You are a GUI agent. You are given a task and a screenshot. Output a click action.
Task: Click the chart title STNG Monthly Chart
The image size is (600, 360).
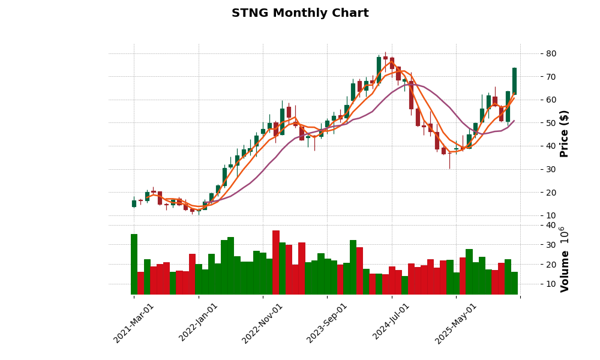pos(300,13)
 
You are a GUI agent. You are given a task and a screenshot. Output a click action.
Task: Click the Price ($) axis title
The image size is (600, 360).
pos(564,133)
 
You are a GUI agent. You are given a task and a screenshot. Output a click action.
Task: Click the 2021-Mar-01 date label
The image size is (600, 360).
pos(134,323)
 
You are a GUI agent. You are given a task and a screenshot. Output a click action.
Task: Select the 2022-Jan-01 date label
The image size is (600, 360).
pos(199,323)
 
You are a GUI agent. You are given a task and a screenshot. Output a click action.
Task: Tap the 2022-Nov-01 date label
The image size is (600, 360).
pos(262,323)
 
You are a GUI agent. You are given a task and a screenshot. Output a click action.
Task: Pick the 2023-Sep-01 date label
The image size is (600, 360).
pos(327,323)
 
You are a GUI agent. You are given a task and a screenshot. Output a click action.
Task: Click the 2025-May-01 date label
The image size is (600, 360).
pos(456,323)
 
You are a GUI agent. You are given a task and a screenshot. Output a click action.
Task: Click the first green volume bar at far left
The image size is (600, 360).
pos(134,264)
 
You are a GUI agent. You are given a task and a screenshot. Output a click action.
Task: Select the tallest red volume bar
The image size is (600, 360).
pos(276,262)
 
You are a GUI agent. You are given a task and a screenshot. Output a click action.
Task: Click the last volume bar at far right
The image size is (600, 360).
pos(514,283)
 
